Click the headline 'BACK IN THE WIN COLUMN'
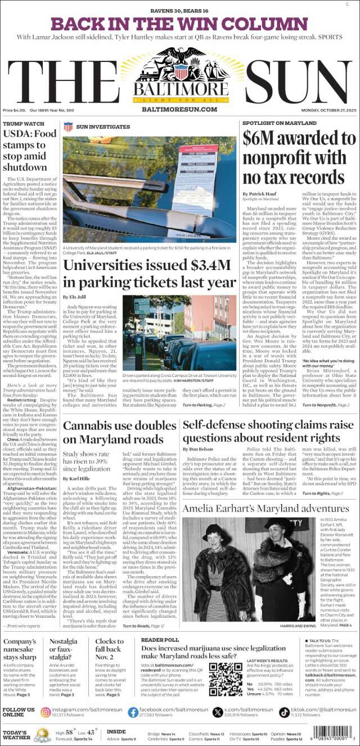179,24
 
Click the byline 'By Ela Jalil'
74,296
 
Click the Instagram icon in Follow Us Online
46,713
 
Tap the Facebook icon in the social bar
132,713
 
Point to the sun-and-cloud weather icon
42,734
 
